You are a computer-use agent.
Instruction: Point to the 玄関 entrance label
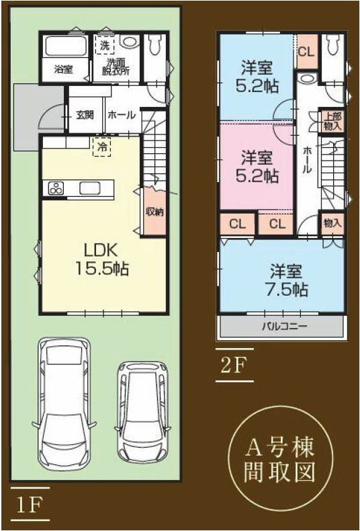click(84, 114)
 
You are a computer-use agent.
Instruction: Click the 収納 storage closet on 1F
click(154, 211)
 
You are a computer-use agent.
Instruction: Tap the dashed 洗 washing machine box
click(104, 46)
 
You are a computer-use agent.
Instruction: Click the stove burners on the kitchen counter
click(55, 189)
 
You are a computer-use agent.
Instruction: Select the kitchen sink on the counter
click(89, 188)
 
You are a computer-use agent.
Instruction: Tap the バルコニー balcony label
click(283, 327)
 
